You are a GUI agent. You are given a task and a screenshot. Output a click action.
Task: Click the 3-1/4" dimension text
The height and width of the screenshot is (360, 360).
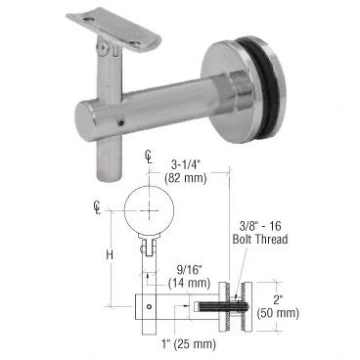point(185,164)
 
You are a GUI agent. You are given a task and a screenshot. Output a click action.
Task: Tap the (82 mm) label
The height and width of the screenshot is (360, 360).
point(186,178)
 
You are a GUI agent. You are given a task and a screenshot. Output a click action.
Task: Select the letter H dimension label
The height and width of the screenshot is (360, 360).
point(110,254)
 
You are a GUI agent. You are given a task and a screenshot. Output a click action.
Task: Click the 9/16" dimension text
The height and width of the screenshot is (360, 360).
point(190,270)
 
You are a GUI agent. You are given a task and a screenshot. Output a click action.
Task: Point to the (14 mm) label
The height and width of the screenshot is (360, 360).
point(189,283)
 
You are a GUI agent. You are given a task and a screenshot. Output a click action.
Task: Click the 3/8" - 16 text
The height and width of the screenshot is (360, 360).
point(260,226)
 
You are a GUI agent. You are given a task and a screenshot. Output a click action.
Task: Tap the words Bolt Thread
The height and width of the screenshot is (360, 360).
point(260,240)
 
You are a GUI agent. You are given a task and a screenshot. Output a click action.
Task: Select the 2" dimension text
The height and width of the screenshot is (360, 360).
point(278,299)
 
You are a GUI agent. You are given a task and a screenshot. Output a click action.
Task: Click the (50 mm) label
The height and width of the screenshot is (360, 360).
point(278,313)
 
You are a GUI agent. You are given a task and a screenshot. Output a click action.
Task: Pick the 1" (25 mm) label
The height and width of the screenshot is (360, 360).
point(189,343)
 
